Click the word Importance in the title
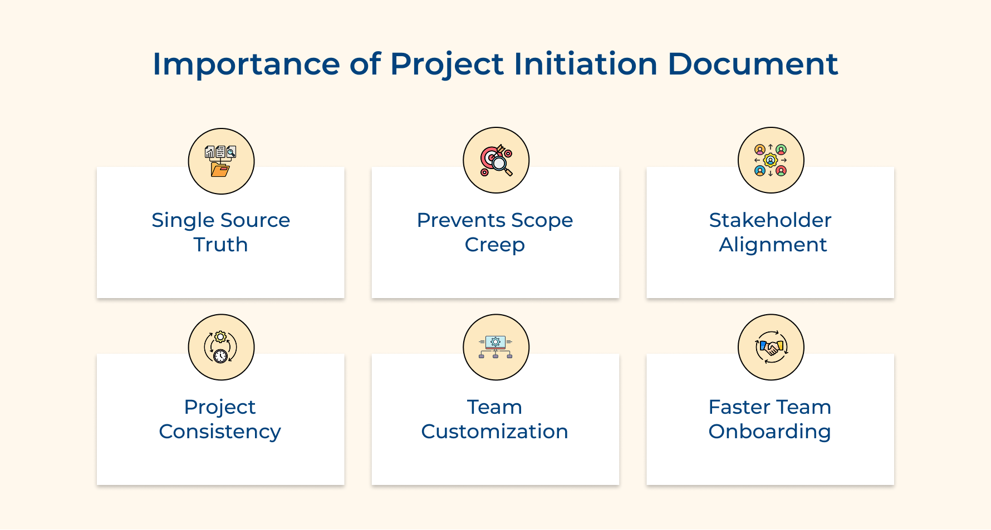click(246, 65)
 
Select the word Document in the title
click(753, 65)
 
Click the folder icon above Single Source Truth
click(221, 161)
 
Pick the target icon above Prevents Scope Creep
click(496, 160)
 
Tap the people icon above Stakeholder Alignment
click(771, 160)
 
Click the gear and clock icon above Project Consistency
click(221, 347)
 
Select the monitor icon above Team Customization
click(496, 347)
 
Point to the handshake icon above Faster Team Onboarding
click(771, 347)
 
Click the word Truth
click(220, 245)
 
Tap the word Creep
click(494, 245)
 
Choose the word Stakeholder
click(770, 220)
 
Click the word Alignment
click(773, 245)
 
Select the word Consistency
click(220, 432)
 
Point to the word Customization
click(494, 432)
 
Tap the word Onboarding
click(769, 432)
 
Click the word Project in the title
click(447, 65)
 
